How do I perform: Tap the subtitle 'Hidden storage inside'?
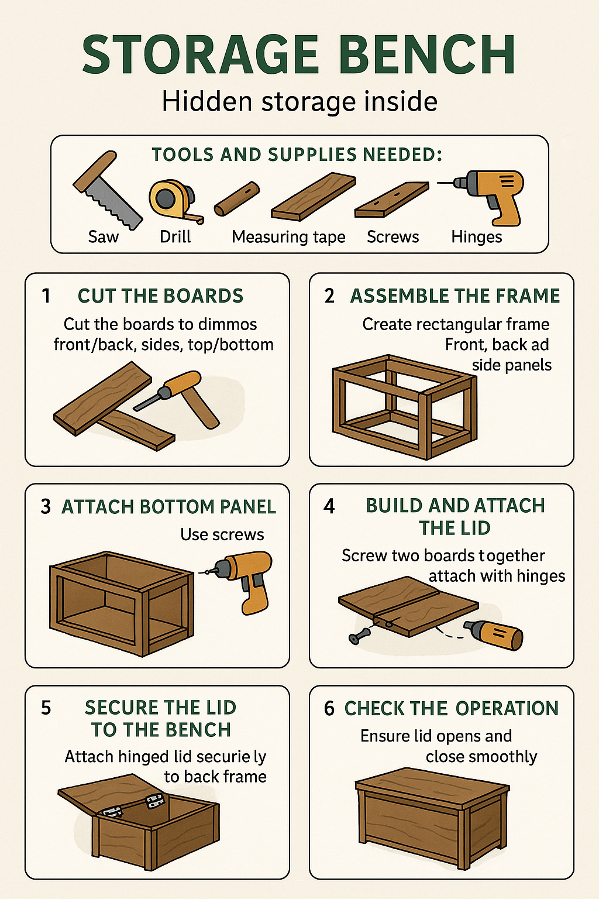click(x=299, y=101)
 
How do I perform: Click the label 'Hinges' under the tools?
click(x=476, y=237)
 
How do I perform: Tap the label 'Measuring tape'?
click(x=288, y=237)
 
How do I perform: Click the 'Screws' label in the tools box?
click(x=393, y=237)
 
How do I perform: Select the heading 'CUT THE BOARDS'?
click(x=160, y=296)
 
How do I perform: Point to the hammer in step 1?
click(x=187, y=395)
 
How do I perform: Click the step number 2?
click(x=329, y=296)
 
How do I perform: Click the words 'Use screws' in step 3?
click(x=222, y=534)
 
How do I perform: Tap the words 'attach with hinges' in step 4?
click(x=497, y=577)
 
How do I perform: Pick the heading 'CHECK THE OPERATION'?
click(x=451, y=708)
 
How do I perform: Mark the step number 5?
click(x=46, y=708)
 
